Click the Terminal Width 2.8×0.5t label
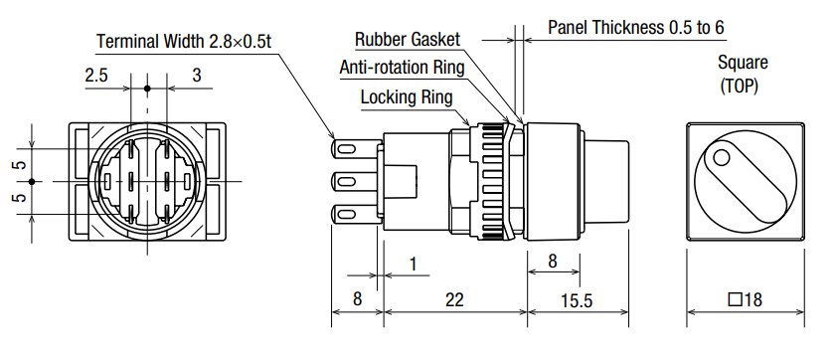184,41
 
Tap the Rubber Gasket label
408,39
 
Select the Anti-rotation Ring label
402,68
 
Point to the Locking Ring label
407,97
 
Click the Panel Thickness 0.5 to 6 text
636,27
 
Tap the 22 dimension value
454,299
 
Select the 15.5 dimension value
577,300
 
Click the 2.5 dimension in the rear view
95,76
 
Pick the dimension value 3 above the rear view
197,76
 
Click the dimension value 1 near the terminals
414,265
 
